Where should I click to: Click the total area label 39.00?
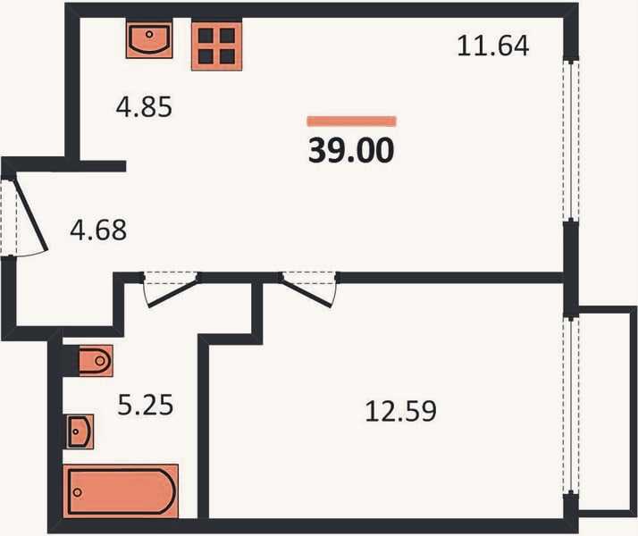pyautogui.click(x=351, y=150)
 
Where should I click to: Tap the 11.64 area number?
pyautogui.click(x=492, y=46)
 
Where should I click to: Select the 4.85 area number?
pyautogui.click(x=144, y=107)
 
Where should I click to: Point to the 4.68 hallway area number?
pyautogui.click(x=98, y=230)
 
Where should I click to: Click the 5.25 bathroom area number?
pyautogui.click(x=146, y=405)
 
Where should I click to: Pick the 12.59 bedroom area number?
pyautogui.click(x=401, y=411)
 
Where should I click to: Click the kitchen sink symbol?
pyautogui.click(x=149, y=38)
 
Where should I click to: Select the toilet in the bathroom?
pyautogui.click(x=96, y=361)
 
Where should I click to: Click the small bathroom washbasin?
pyautogui.click(x=80, y=431)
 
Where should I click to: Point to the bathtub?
pyautogui.click(x=121, y=491)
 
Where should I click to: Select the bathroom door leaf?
pyautogui.click(x=172, y=292)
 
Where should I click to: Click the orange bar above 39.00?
pyautogui.click(x=351, y=121)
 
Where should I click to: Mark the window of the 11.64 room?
pyautogui.click(x=571, y=140)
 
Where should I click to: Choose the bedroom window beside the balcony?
pyautogui.click(x=571, y=406)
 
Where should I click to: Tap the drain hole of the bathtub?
pyautogui.click(x=77, y=492)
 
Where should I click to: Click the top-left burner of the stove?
pyautogui.click(x=206, y=36)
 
